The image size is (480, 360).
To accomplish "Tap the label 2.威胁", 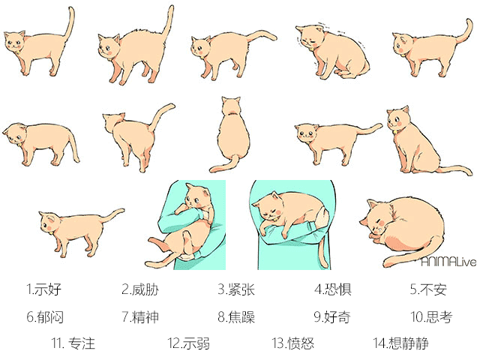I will coord(140,289).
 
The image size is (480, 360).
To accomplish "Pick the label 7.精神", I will coord(140,316).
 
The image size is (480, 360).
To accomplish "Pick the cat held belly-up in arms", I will coord(187,225).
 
